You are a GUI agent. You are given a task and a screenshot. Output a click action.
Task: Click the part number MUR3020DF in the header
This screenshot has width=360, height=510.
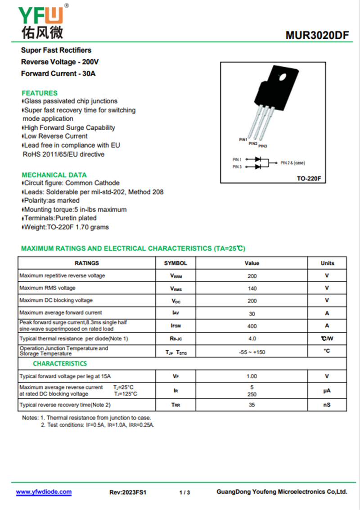tap(317, 36)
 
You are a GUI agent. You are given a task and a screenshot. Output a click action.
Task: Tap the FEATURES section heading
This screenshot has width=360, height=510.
tap(40, 93)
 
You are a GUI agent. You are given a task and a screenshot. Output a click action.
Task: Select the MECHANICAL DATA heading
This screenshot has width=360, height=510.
tap(54, 175)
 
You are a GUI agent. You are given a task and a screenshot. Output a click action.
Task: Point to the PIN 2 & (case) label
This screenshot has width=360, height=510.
tap(296, 162)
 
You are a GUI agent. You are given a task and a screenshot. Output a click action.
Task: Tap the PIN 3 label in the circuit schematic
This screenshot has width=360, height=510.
tap(237, 167)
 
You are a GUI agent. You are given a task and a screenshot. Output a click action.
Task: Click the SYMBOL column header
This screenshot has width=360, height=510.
tap(175, 263)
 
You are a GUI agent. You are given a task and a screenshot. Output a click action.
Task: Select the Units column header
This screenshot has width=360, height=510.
tap(327, 263)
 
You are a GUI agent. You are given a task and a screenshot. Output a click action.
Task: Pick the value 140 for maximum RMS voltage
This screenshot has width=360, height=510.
tap(252, 289)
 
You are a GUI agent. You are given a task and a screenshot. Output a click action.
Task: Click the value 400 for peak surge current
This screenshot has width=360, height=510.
tap(252, 326)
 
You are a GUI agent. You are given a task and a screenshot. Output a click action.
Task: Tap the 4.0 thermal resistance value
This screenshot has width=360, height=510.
tap(252, 338)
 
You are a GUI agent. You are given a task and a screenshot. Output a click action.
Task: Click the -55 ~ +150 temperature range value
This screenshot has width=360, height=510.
tap(252, 352)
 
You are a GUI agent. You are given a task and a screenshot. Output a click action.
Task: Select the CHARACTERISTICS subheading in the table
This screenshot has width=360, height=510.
tap(60, 363)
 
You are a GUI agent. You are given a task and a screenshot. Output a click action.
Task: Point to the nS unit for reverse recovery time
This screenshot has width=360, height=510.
tap(327, 405)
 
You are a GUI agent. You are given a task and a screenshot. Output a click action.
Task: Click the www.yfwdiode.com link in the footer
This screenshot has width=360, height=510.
tap(44, 492)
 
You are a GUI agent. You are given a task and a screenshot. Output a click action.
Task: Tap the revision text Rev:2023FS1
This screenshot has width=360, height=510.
tap(128, 492)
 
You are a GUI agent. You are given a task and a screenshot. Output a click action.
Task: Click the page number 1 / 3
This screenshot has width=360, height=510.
tap(184, 492)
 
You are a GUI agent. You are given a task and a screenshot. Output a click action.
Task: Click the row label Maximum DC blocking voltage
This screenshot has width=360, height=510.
tap(56, 300)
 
